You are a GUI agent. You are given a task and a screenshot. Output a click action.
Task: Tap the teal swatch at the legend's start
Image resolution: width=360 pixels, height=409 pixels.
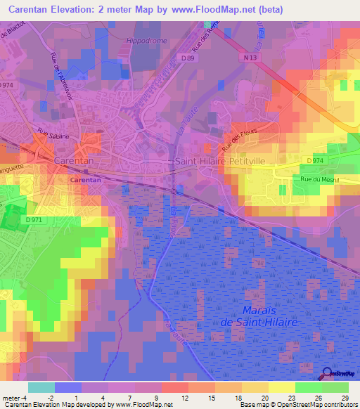(x=41, y=387)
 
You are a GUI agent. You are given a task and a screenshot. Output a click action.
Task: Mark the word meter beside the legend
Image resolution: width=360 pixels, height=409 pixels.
(x=11, y=398)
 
